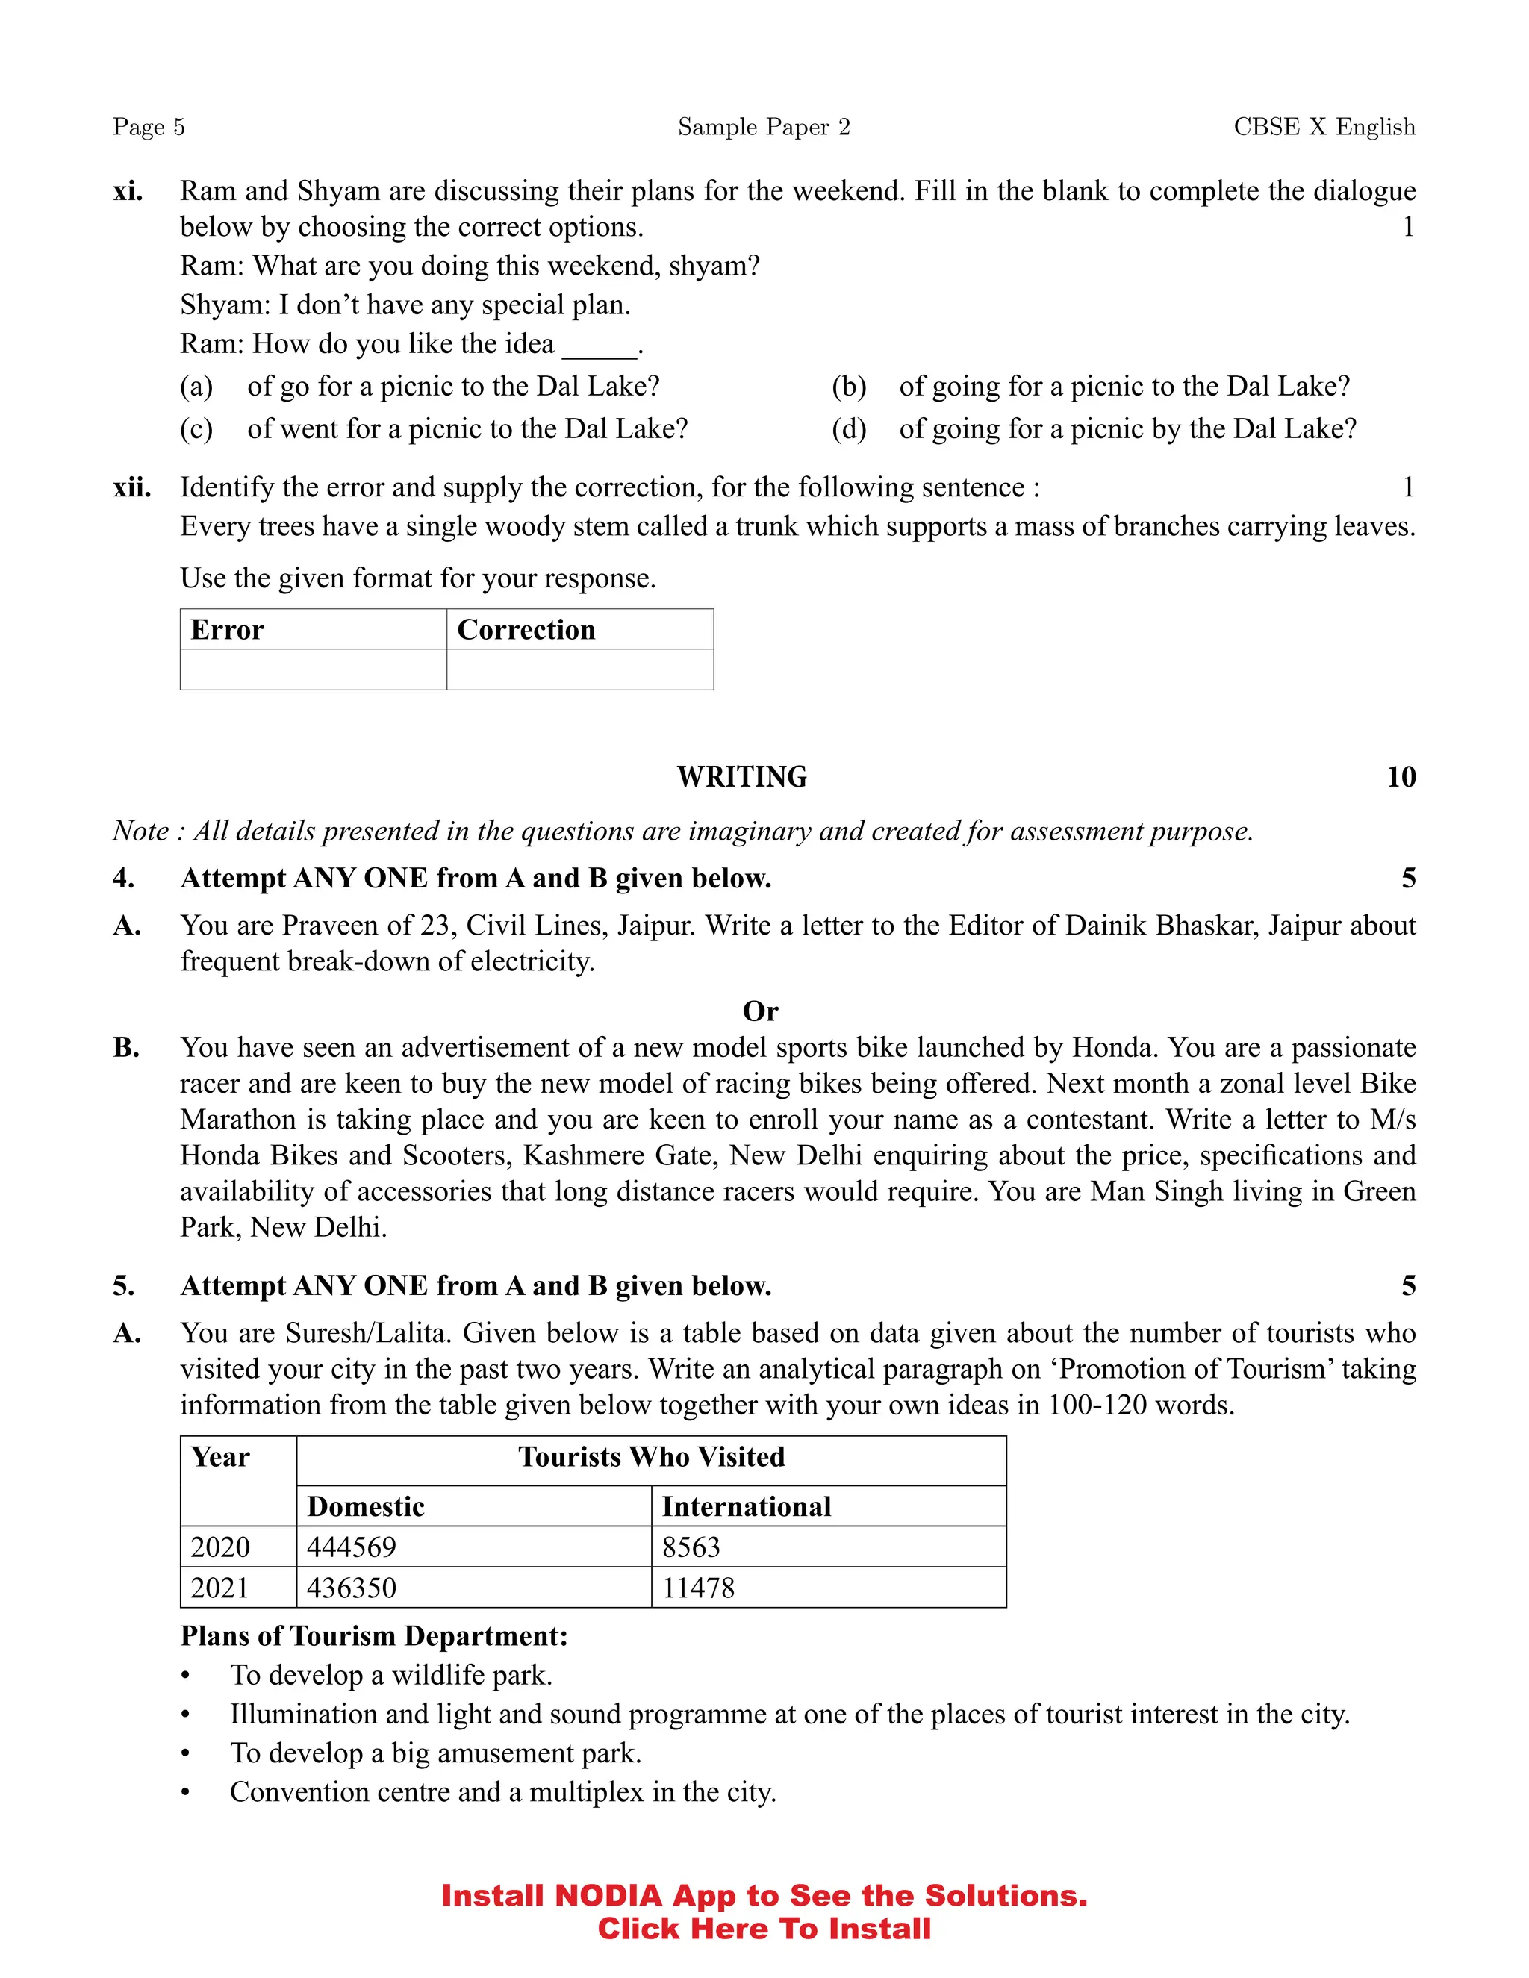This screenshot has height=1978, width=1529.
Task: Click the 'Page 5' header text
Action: point(149,127)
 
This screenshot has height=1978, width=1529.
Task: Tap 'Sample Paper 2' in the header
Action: point(764,127)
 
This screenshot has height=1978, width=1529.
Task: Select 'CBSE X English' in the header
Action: point(1324,127)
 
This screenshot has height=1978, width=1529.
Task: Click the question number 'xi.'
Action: point(128,191)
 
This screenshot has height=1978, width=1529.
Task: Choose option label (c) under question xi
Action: point(196,428)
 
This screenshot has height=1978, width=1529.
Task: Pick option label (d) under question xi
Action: point(849,428)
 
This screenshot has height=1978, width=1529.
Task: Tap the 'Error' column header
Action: point(228,629)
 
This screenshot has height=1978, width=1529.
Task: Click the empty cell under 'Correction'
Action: point(579,670)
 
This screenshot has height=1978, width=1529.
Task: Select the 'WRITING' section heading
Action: point(742,777)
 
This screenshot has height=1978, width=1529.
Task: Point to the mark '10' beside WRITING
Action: point(1401,777)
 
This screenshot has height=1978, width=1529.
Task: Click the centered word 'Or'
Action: point(760,1011)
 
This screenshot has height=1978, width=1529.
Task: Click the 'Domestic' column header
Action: point(366,1506)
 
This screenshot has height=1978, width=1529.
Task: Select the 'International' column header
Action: point(747,1506)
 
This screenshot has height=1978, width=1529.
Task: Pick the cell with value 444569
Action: point(352,1547)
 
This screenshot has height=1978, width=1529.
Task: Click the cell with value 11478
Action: point(698,1588)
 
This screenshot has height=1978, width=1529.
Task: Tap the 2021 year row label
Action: point(219,1588)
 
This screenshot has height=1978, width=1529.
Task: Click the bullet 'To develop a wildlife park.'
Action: point(390,1676)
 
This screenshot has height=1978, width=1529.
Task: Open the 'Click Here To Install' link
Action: point(764,1928)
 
